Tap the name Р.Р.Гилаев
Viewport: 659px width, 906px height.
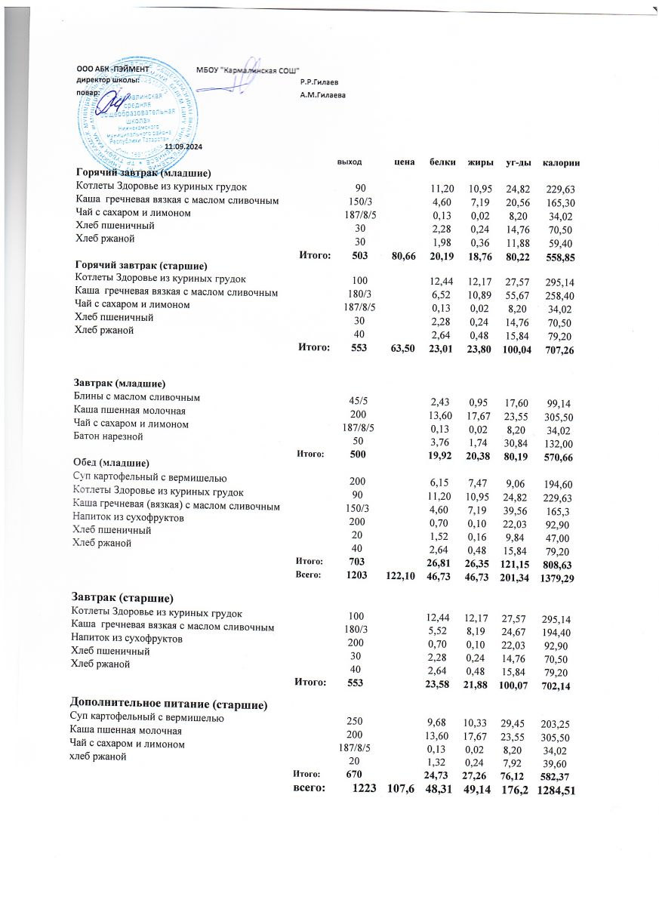coord(319,82)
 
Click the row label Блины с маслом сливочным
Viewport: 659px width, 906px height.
coord(136,396)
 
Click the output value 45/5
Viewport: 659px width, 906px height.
coord(354,399)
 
